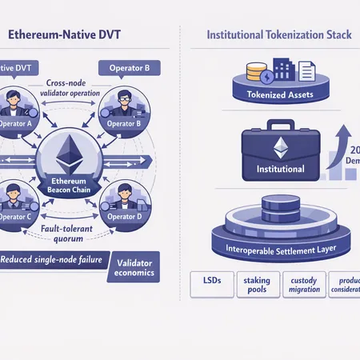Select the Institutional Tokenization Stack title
tap(269, 36)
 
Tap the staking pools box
tap(257, 285)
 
